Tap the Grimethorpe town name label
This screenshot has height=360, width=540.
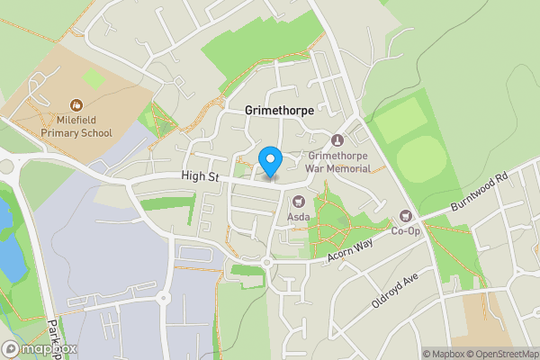[279, 109]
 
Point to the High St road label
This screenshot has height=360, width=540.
[200, 178]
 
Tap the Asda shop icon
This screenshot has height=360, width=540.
[298, 201]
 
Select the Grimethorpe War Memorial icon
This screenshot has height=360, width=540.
[337, 140]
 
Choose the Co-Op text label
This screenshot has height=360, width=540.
[405, 231]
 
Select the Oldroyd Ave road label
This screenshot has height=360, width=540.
[395, 291]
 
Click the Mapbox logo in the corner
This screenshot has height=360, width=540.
[40, 348]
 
